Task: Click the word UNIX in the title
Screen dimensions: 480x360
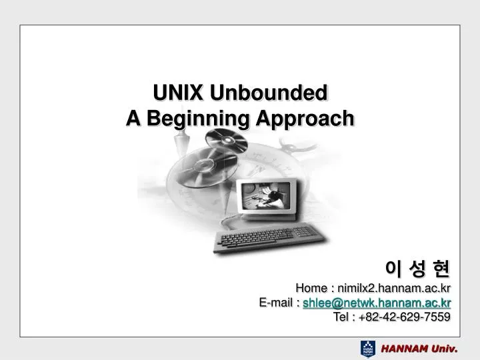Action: click(178, 93)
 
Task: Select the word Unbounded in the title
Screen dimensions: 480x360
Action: click(269, 93)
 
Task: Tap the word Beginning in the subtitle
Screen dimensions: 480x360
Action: click(198, 119)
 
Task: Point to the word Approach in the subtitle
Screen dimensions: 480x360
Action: click(305, 119)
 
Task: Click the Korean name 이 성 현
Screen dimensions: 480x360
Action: click(417, 269)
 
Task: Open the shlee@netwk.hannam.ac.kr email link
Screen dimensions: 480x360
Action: click(377, 303)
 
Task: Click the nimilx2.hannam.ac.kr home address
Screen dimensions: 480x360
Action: click(394, 288)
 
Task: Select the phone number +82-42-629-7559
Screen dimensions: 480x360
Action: click(405, 317)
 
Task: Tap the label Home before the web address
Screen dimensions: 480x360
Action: click(311, 288)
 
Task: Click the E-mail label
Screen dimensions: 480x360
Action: click(275, 303)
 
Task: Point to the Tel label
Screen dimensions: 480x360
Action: click(341, 317)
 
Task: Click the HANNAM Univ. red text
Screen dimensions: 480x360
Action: click(419, 349)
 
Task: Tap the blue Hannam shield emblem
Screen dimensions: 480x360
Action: click(367, 349)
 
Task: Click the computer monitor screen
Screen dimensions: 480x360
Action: click(265, 196)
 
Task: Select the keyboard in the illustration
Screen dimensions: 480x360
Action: click(269, 238)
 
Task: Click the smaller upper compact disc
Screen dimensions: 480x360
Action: click(226, 140)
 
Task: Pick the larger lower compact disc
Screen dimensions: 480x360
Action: click(203, 167)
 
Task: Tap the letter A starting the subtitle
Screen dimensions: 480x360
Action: click(133, 118)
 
